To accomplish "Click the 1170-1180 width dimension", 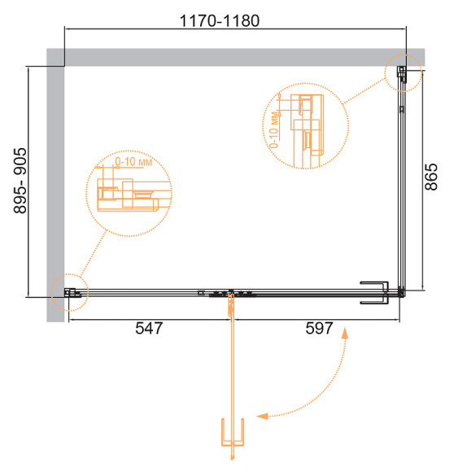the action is pyautogui.click(x=220, y=21).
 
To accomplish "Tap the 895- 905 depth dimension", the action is pyautogui.click(x=20, y=181).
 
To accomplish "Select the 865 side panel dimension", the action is pyautogui.click(x=431, y=177).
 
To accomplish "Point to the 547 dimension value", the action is pyautogui.click(x=149, y=328).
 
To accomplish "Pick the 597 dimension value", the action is pyautogui.click(x=319, y=328).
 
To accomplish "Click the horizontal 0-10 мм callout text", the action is pyautogui.click(x=133, y=162).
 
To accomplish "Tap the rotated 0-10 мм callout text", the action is pyautogui.click(x=274, y=129).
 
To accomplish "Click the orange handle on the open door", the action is pyautogui.click(x=232, y=432).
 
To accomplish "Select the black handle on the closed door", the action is pyautogui.click(x=374, y=293).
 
